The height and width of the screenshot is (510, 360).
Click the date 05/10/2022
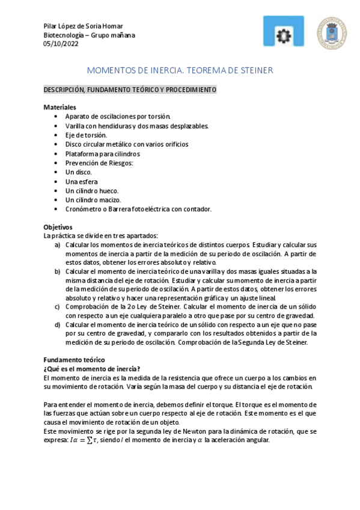61,43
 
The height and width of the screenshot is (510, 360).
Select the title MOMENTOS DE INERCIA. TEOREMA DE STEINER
180,70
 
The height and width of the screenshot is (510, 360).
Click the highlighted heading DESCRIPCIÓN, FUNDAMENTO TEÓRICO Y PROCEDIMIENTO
130,90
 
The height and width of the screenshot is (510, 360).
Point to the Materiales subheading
59,106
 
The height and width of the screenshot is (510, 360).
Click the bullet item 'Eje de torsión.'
86,135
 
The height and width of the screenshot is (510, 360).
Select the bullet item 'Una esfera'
81,181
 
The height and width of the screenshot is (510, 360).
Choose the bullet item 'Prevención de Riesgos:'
99,163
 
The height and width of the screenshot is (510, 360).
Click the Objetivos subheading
58,227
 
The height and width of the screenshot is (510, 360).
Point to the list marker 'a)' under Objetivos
57,245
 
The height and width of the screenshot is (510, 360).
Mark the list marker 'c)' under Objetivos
57,307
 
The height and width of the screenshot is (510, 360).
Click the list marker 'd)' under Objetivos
57,325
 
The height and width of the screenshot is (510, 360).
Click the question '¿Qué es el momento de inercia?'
91,368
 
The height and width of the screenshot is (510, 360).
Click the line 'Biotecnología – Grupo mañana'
90,34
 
